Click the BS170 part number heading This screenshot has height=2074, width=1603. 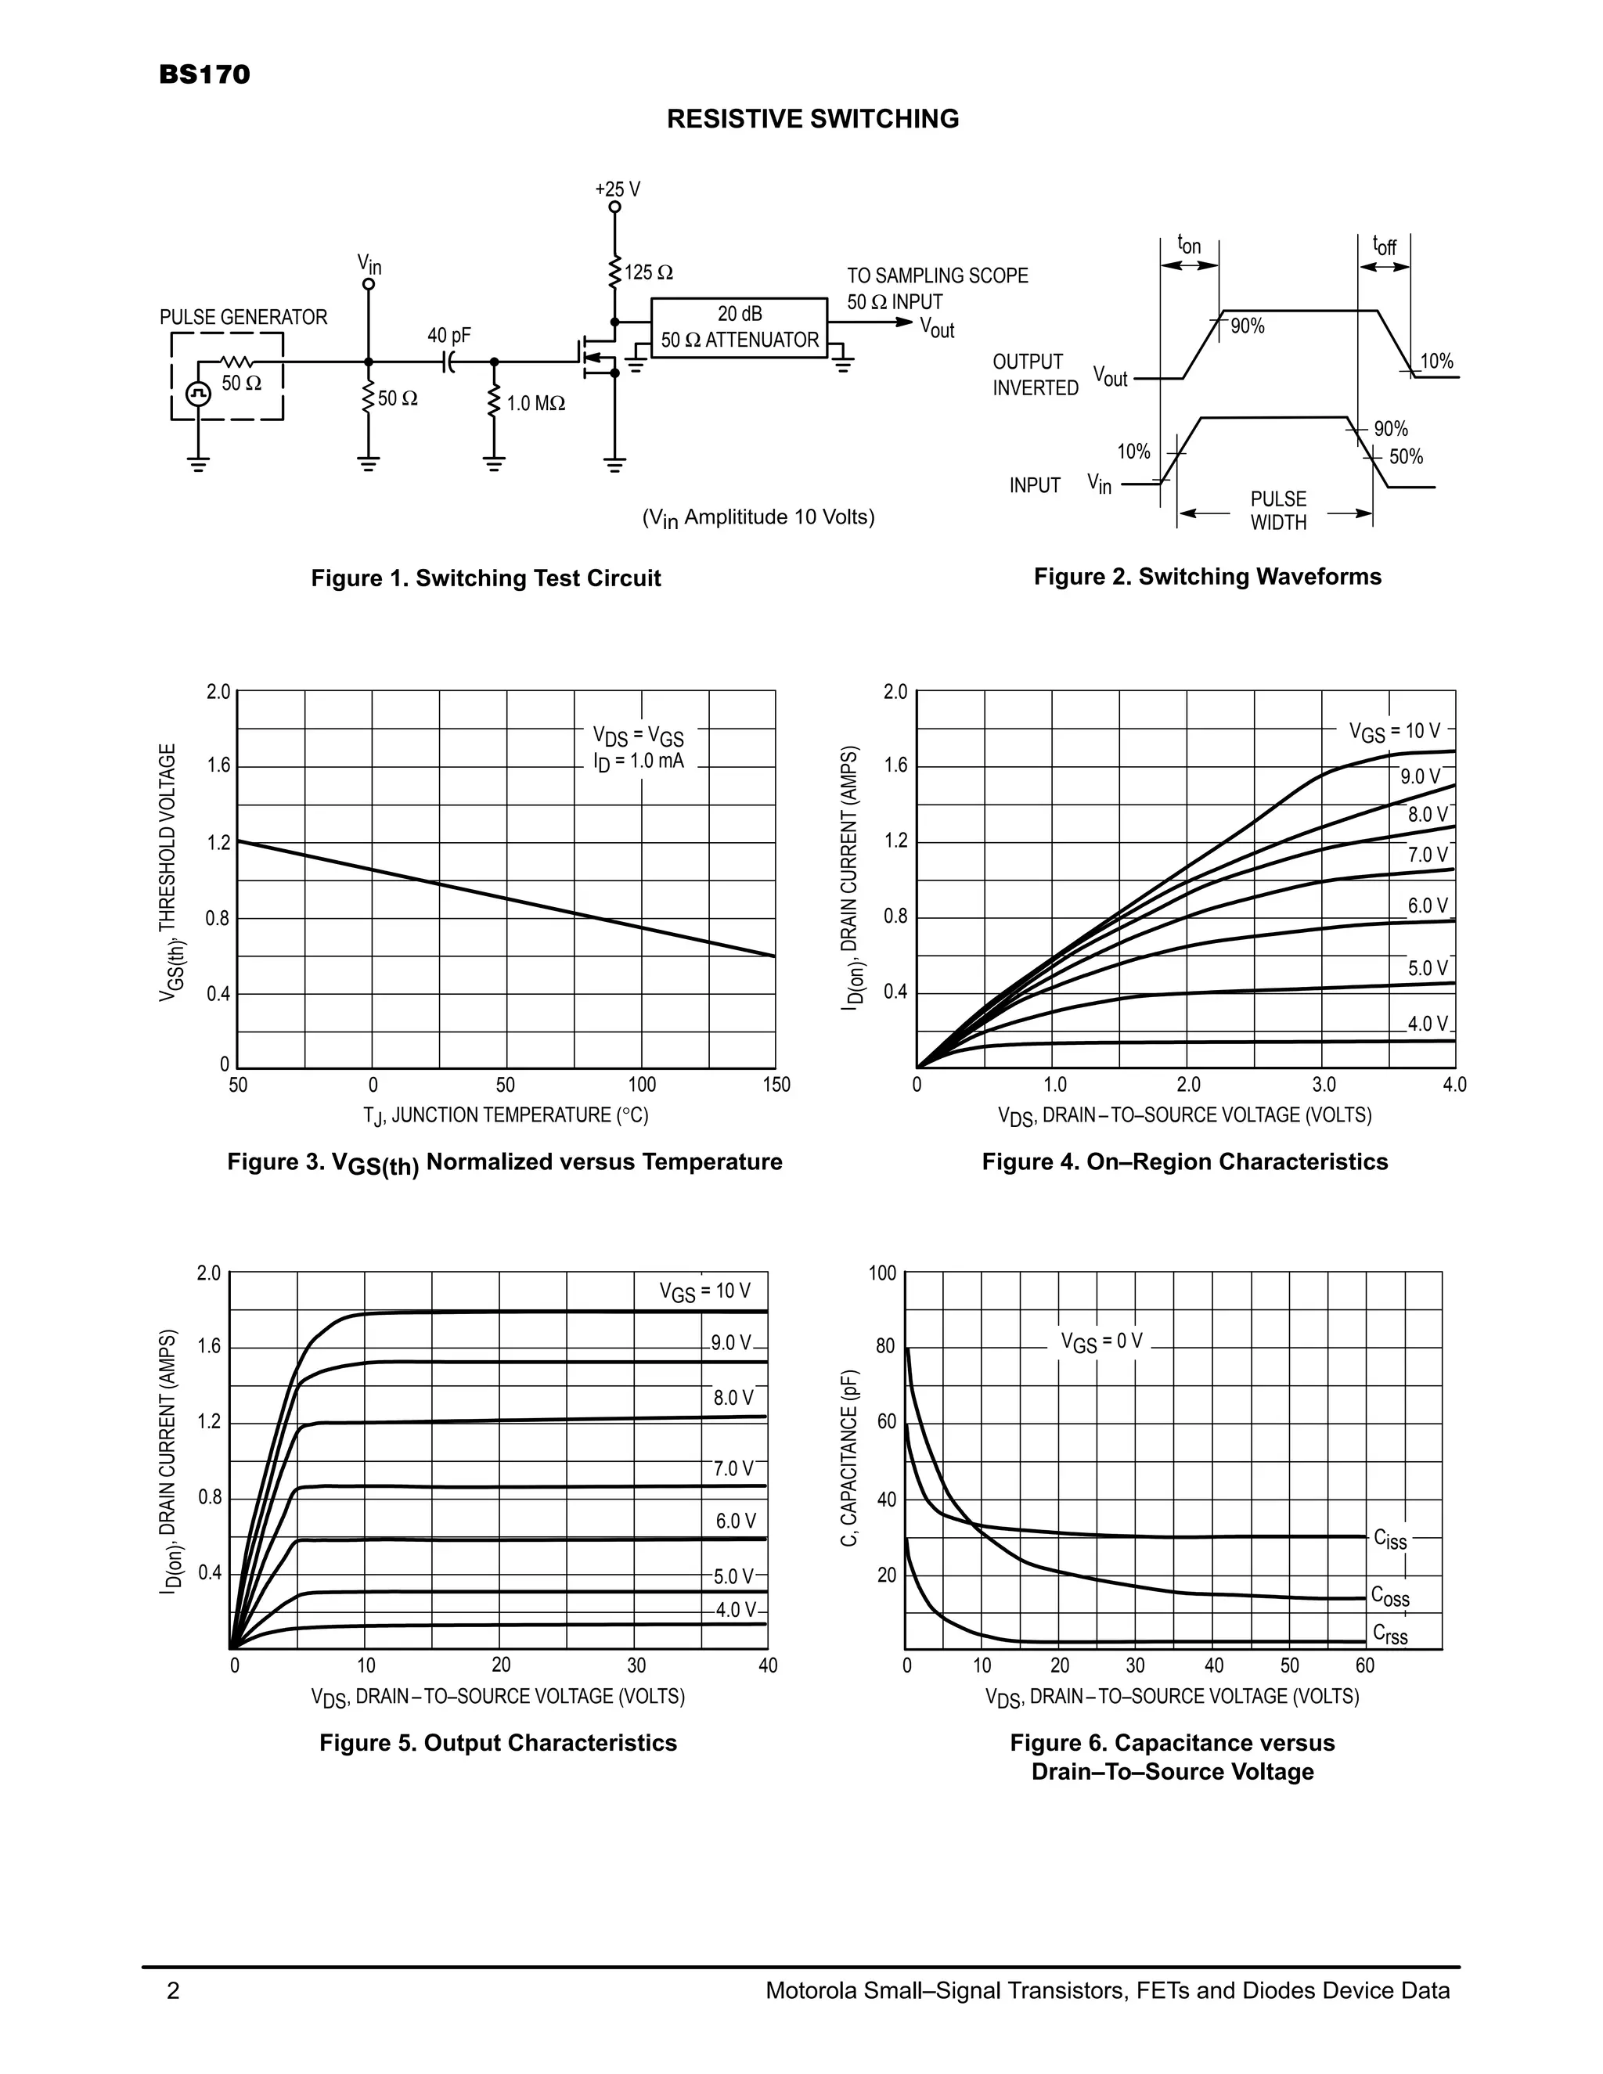click(x=204, y=75)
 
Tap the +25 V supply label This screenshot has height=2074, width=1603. click(x=618, y=189)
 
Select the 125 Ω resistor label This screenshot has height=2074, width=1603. click(x=650, y=273)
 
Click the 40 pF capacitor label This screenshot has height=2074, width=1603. click(x=449, y=335)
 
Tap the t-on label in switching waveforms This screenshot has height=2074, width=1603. click(x=1189, y=245)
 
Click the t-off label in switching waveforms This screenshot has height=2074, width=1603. click(x=1385, y=245)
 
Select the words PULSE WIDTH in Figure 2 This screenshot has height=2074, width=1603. click(x=1278, y=511)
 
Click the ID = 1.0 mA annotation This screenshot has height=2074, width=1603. click(x=632, y=762)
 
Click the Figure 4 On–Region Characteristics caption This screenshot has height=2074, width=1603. click(x=1184, y=1161)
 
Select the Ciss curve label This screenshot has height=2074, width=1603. click(x=1390, y=1539)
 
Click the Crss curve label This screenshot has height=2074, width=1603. click(x=1390, y=1633)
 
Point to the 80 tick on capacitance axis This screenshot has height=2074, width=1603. click(x=885, y=1347)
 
